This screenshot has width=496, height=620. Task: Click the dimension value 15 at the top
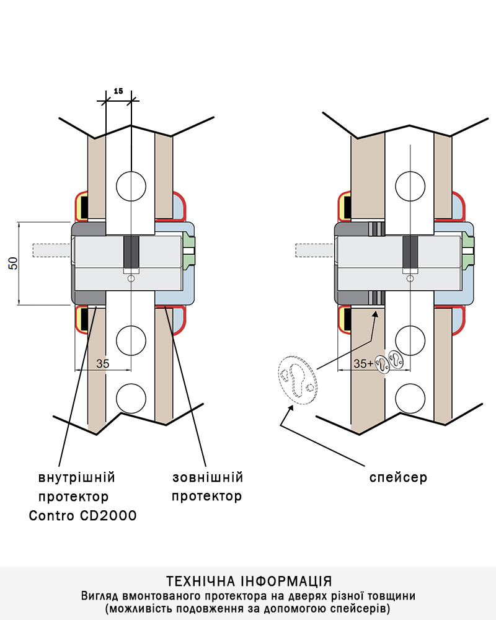click(118, 91)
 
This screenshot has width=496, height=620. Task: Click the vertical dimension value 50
click(12, 263)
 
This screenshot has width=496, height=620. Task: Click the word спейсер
click(398, 478)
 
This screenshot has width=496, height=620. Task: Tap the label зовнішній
click(207, 478)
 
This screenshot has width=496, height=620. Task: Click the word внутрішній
click(77, 478)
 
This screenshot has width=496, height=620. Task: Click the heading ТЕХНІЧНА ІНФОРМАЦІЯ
click(249, 582)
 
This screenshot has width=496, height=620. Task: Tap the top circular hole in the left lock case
click(131, 184)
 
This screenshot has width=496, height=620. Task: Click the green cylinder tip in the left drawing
click(189, 249)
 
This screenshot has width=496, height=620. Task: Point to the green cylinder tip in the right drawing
click(468, 249)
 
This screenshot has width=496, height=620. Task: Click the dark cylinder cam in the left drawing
click(131, 252)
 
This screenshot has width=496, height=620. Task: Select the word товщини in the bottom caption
click(392, 596)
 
